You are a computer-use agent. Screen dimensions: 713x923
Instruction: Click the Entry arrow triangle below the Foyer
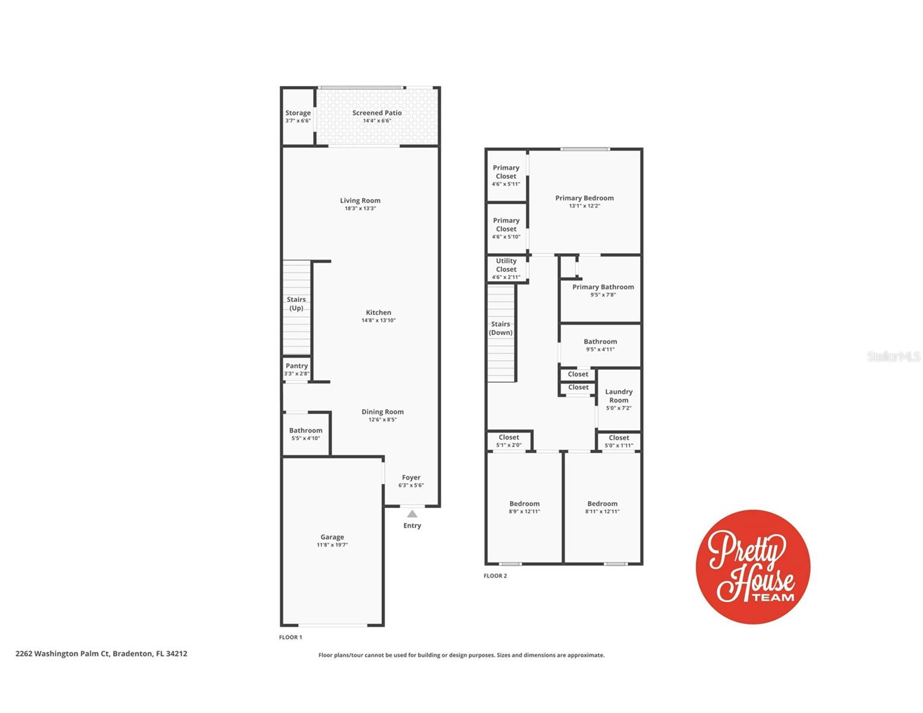click(x=412, y=514)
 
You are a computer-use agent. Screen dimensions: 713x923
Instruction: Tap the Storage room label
click(x=298, y=113)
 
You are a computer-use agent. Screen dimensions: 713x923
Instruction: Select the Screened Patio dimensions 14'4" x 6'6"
click(x=377, y=121)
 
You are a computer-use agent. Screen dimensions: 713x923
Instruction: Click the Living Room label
click(x=360, y=201)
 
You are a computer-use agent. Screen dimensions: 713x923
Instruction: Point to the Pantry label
click(x=297, y=366)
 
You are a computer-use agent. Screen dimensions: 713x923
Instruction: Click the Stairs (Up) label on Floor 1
click(x=296, y=304)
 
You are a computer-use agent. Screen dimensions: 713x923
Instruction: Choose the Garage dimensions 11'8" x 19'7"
click(x=332, y=545)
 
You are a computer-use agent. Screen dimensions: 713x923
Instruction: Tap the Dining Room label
click(x=383, y=412)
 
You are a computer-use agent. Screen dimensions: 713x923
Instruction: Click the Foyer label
click(x=411, y=478)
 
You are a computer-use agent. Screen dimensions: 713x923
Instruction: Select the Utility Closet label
click(x=506, y=265)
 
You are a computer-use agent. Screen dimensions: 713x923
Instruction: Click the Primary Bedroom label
click(x=584, y=198)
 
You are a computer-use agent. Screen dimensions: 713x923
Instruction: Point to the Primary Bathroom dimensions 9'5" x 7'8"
click(x=603, y=295)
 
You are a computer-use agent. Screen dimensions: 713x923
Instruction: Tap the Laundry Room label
click(x=619, y=396)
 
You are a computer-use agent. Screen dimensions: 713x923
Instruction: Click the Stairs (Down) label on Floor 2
click(x=500, y=329)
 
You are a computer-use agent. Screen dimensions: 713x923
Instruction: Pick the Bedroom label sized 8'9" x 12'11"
click(x=524, y=504)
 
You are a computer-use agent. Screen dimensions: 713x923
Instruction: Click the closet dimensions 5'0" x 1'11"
click(x=619, y=446)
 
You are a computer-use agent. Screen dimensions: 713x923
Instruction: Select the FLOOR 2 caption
click(x=495, y=576)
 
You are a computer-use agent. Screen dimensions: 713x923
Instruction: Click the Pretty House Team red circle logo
click(x=753, y=567)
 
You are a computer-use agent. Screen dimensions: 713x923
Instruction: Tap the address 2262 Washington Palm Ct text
click(x=101, y=654)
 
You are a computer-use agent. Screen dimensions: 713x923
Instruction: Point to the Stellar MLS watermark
click(x=893, y=356)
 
